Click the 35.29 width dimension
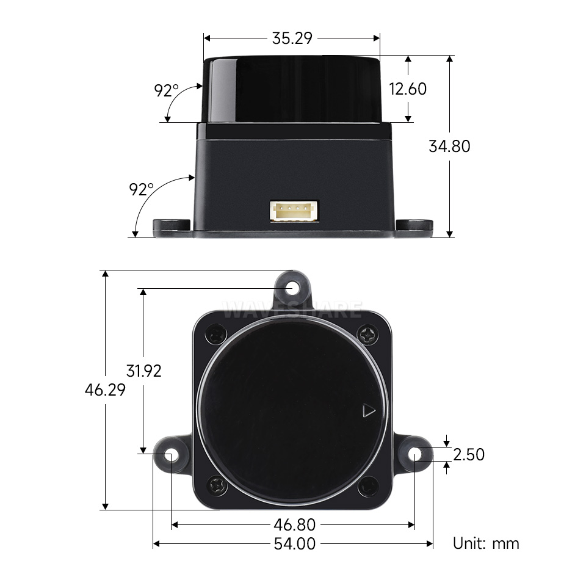click(292, 38)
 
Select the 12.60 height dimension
click(408, 89)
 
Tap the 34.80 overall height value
click(450, 147)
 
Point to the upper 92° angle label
click(166, 91)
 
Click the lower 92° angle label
click(142, 189)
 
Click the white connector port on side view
click(295, 211)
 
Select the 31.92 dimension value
click(144, 371)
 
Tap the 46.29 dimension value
click(105, 390)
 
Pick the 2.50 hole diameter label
click(469, 454)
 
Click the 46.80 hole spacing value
click(295, 524)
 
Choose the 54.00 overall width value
click(295, 543)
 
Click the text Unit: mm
click(486, 543)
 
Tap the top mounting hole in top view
click(293, 288)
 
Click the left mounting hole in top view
click(171, 455)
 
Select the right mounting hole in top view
click(415, 454)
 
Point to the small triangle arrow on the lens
click(368, 411)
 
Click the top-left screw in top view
click(217, 335)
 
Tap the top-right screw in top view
click(369, 335)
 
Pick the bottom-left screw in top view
click(217, 486)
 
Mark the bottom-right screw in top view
click(369, 487)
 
